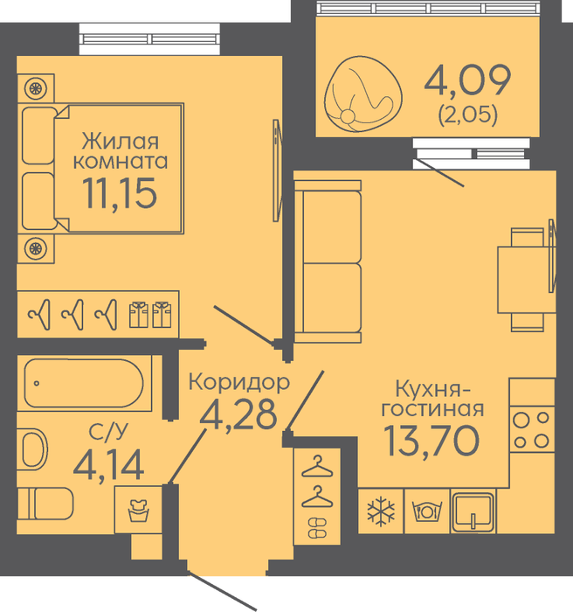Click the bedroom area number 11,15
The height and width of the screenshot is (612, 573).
tap(120, 193)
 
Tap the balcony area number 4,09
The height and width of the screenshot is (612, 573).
tap(467, 80)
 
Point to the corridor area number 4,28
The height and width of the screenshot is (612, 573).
tap(238, 415)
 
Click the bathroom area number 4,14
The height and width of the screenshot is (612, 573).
tap(109, 465)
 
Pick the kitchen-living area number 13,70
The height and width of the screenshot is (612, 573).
tap(431, 441)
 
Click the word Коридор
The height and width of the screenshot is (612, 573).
tap(239, 383)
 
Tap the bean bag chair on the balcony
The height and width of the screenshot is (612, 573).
tap(362, 94)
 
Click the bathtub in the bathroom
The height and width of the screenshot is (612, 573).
tap(84, 383)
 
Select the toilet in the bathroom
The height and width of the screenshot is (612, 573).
tap(45, 504)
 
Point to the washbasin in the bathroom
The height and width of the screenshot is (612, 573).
tap(32, 449)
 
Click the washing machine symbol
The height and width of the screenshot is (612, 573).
tap(139, 510)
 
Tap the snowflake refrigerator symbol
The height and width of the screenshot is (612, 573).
tap(381, 511)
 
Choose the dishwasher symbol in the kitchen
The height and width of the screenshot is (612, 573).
tap(427, 511)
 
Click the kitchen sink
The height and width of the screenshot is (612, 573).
tap(473, 511)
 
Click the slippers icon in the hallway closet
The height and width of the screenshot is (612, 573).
tap(317, 528)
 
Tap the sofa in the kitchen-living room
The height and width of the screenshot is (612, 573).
tap(328, 261)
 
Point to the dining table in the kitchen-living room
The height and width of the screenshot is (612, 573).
tap(527, 280)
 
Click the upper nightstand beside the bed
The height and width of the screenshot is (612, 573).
tap(36, 88)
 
